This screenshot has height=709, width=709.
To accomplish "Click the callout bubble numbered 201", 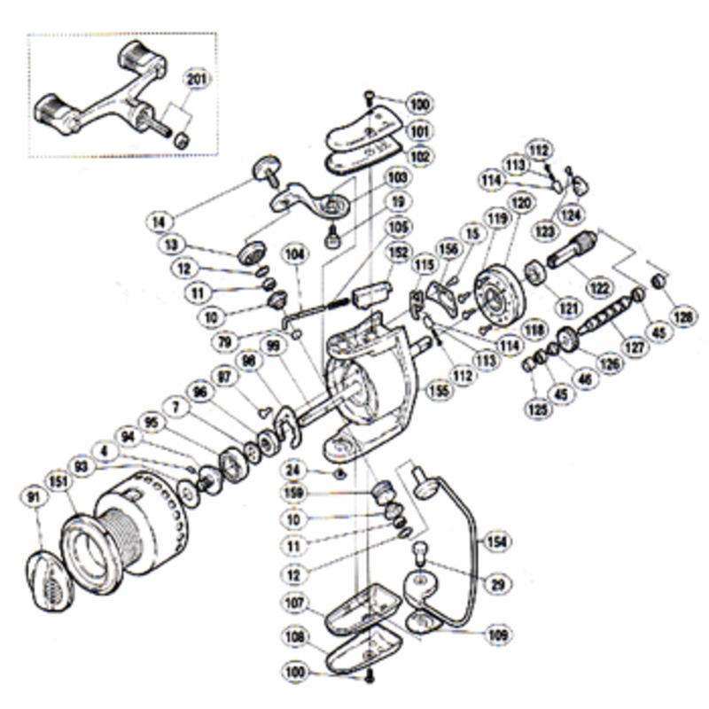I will coord(197,80).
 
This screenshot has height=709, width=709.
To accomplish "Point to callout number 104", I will coord(293,253).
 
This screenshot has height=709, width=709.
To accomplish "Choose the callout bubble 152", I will coord(397,252).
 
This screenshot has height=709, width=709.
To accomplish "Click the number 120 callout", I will coord(521,204).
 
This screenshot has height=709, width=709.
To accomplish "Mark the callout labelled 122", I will coord(602,287).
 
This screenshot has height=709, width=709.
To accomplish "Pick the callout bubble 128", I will coord(682,315).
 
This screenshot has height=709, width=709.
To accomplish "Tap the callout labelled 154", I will coord(497,540).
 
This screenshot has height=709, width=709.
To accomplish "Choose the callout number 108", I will coord(294,636).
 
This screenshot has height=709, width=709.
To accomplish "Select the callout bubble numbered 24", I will coord(296,469).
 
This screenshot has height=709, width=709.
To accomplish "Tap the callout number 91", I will coord(33,499).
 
